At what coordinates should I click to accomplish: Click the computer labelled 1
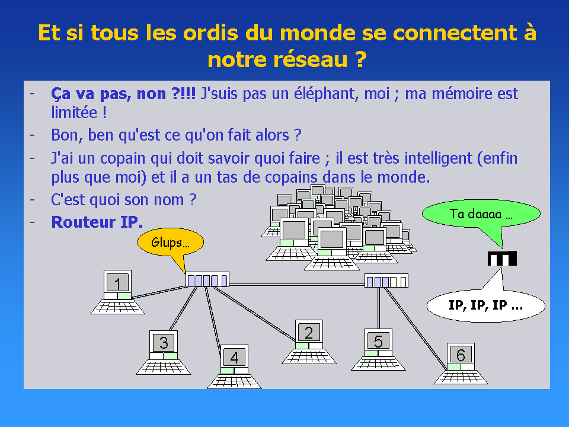(x=117, y=292)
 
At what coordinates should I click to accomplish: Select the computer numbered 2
(x=309, y=342)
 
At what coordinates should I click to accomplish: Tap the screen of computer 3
(x=164, y=342)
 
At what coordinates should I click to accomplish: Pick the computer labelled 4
(x=235, y=367)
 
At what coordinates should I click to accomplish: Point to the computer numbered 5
(x=378, y=350)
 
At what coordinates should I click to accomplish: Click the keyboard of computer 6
(x=461, y=377)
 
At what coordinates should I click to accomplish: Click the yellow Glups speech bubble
(x=171, y=242)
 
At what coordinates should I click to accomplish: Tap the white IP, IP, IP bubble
(x=486, y=305)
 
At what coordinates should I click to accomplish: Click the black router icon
(x=502, y=258)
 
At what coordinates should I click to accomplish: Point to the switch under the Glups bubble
(x=207, y=279)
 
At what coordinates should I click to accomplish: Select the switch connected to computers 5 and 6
(x=386, y=281)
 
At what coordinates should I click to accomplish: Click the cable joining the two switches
(x=297, y=285)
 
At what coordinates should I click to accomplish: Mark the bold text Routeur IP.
(x=97, y=222)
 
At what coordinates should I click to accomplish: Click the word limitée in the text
(x=75, y=112)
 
